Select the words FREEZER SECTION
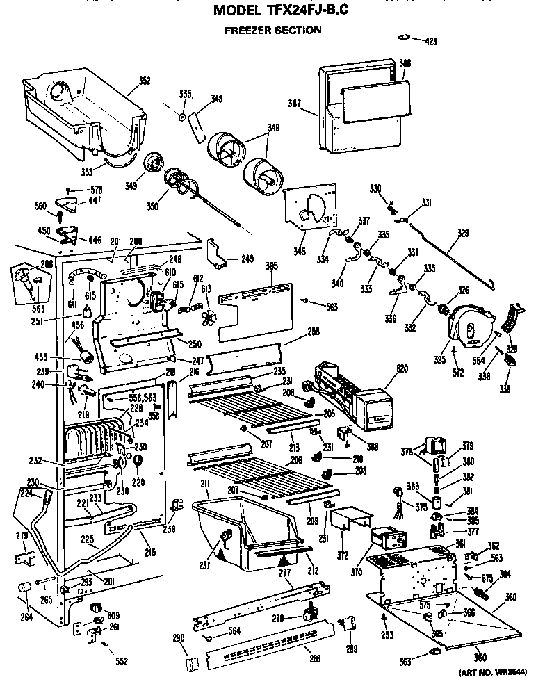click(x=272, y=30)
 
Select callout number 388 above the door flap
click(x=405, y=63)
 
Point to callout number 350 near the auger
click(x=153, y=206)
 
